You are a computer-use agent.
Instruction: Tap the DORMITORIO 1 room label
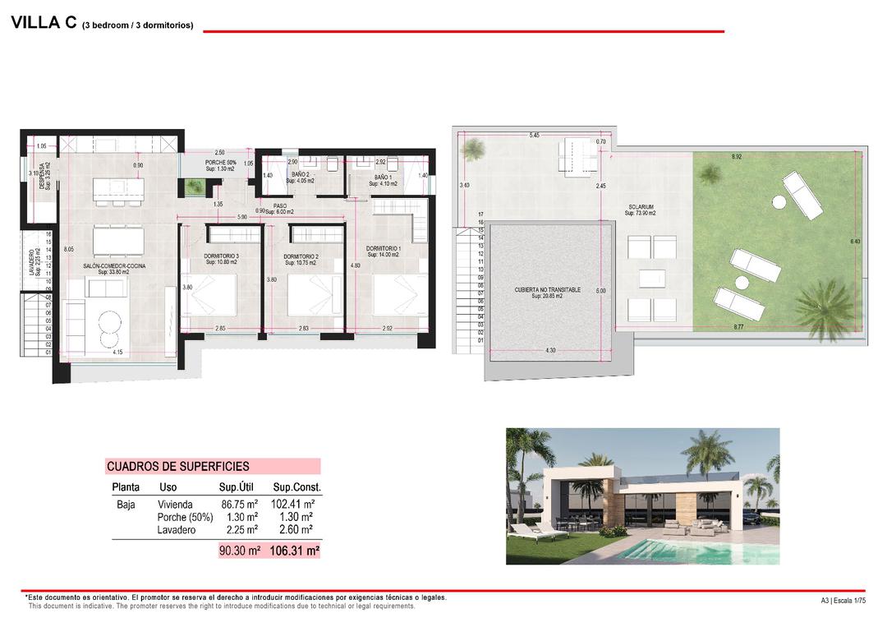coord(383,248)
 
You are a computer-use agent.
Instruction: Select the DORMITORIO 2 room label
coord(301,256)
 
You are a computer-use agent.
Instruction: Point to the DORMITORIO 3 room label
coord(221,256)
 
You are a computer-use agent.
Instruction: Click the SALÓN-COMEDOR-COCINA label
coord(114,267)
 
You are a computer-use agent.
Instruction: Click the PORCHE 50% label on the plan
coord(220,163)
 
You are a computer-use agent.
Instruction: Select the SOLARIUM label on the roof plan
coord(641,207)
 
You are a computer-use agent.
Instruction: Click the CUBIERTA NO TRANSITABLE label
coord(547,290)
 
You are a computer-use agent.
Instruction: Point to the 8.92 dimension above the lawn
coord(738,156)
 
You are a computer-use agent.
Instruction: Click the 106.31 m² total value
coord(294,551)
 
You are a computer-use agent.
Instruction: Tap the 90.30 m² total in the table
coord(240,551)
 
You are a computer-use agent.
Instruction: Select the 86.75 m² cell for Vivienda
coord(240,505)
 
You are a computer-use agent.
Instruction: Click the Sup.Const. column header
coord(296,487)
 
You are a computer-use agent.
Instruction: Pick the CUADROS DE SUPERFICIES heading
coord(177,467)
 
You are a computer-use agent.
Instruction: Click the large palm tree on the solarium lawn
coord(825,307)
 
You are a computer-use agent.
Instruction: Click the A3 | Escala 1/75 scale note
coord(843,601)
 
